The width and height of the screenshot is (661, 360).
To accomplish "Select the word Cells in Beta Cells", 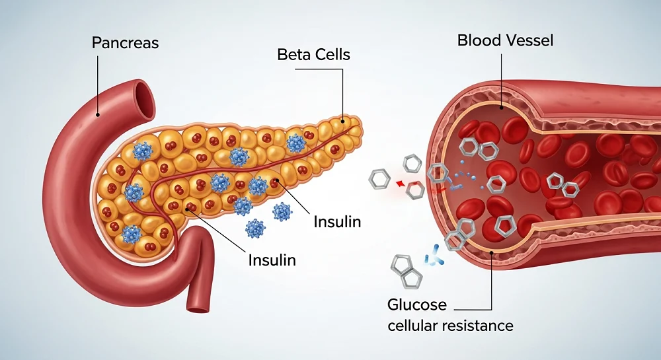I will pyautogui.click(x=332, y=54).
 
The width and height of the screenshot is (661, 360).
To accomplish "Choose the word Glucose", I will pyautogui.click(x=417, y=305).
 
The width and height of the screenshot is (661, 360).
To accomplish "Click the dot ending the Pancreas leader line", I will pyautogui.click(x=98, y=114).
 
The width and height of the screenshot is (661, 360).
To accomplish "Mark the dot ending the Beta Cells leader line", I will pyautogui.click(x=343, y=121).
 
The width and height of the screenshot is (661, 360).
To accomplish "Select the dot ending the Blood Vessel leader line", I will pyautogui.click(x=502, y=106).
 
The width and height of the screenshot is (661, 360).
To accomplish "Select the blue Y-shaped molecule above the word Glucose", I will pyautogui.click(x=433, y=254).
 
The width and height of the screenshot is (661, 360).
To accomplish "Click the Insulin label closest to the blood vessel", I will pyautogui.click(x=337, y=221).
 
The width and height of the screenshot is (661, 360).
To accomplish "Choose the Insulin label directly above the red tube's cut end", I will pyautogui.click(x=272, y=260).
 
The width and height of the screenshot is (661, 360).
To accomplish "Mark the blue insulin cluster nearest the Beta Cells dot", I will pyautogui.click(x=295, y=142).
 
